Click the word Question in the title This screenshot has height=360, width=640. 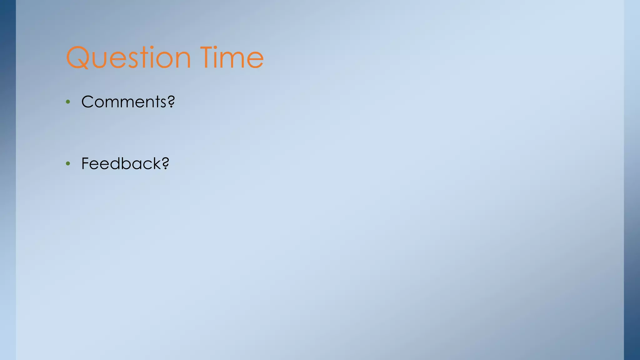pos(128,57)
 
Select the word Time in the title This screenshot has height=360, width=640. pos(232,57)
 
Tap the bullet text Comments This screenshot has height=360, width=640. pos(124,102)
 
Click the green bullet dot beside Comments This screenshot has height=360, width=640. pos(68,102)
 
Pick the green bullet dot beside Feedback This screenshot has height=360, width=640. pos(68,164)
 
